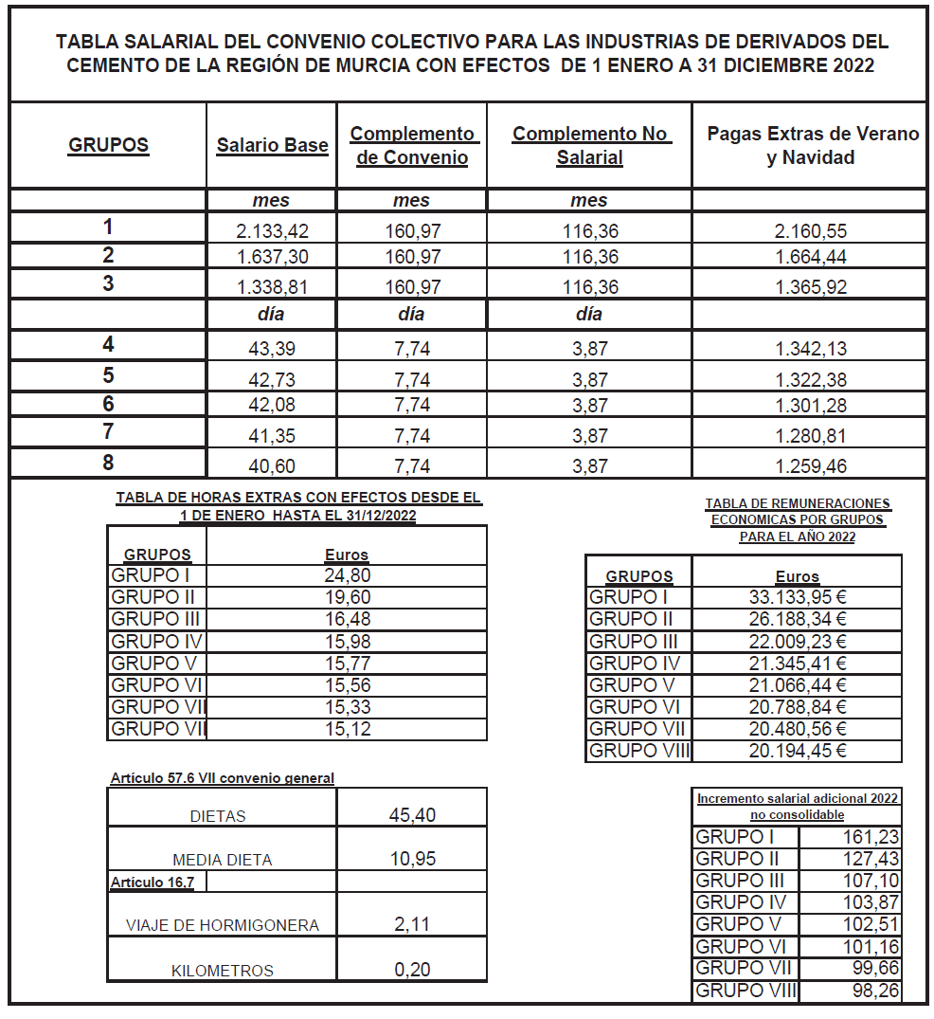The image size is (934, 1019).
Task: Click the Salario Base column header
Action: coord(272,146)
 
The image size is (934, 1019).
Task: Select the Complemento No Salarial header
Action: coord(589,146)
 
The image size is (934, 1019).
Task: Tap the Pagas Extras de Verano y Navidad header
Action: coord(812,145)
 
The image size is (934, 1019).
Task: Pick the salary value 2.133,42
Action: coord(272,230)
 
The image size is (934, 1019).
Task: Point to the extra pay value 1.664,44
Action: coord(810,257)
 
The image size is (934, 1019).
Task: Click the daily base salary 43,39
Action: coord(272,349)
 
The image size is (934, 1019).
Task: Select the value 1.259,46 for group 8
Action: coord(810,466)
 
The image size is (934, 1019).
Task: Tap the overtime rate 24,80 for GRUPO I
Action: coord(347,575)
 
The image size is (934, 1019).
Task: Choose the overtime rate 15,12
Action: coord(347,729)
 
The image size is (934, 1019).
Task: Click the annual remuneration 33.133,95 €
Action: coord(797,597)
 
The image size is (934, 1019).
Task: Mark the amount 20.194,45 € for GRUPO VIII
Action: coord(797,751)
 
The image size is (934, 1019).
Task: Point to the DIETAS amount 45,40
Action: coord(412,815)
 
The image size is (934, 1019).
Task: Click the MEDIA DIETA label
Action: coord(223,861)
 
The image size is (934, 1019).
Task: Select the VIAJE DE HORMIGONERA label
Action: coord(223,925)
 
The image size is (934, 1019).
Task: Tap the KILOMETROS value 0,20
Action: coord(412,970)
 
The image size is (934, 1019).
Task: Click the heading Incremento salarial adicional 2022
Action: coord(798,798)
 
